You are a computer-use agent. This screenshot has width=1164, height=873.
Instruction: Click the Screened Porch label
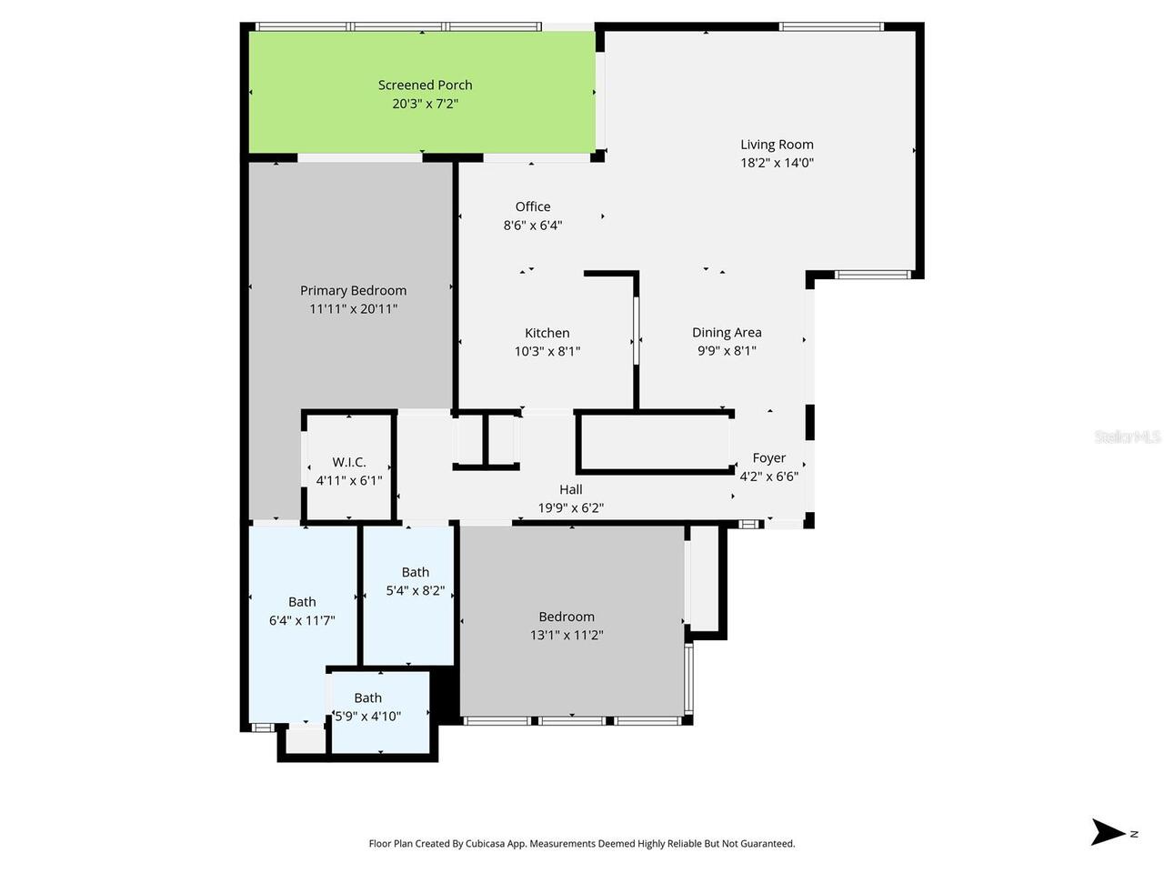tap(425, 85)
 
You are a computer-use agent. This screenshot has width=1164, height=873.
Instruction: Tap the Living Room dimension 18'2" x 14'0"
tap(777, 163)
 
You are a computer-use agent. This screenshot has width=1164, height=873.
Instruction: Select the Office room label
tap(533, 206)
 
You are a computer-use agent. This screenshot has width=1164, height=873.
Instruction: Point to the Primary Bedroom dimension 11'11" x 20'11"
tap(353, 309)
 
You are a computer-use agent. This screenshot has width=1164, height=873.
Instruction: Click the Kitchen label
tap(547, 333)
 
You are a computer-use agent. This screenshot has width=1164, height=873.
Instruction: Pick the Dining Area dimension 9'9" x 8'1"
tap(727, 351)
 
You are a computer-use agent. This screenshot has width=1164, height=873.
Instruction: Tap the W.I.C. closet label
tap(349, 462)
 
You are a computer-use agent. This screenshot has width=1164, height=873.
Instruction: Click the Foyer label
tap(768, 458)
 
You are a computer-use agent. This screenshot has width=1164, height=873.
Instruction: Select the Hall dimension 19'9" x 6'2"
tap(570, 508)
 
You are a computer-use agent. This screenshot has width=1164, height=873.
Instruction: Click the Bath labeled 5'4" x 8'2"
tap(416, 572)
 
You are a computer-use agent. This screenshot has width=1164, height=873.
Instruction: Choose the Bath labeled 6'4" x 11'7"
tap(302, 602)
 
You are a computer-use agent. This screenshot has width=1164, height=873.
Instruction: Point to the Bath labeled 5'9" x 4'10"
tap(367, 698)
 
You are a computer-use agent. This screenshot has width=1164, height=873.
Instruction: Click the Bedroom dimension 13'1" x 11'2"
tap(567, 636)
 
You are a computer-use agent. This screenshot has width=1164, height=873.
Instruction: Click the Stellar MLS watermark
tap(1127, 437)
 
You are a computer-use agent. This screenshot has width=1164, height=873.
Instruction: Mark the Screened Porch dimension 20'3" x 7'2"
tap(425, 104)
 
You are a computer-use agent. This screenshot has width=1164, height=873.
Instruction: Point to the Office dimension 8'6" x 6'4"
tap(533, 226)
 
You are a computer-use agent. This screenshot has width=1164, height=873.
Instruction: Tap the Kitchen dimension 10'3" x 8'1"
tap(547, 351)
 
